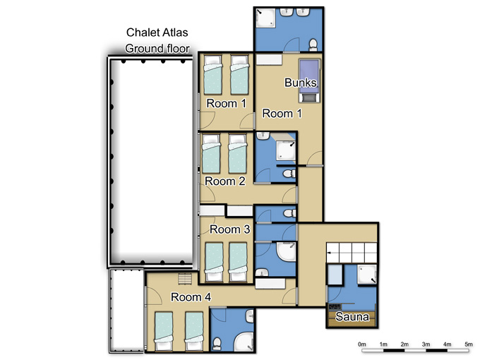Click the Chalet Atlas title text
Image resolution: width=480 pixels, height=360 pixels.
[157, 32]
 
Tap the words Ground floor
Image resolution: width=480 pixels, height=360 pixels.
[157, 49]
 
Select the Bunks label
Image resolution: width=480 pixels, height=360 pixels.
[300, 83]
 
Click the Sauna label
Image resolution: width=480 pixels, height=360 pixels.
[352, 316]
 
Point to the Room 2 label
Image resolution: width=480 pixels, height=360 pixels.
[225, 181]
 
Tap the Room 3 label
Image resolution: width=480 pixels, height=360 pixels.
[230, 229]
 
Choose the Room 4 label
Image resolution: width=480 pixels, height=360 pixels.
[191, 297]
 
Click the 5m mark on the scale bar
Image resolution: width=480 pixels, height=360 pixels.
[469, 344]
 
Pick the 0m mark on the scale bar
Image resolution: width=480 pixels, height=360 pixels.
[362, 344]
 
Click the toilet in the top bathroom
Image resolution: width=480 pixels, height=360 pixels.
[313, 44]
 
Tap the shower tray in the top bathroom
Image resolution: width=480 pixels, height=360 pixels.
[265, 18]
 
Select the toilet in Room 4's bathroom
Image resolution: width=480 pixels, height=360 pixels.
[217, 344]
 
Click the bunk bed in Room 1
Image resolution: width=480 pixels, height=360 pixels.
[309, 80]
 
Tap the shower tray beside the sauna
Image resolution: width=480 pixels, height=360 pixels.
[367, 275]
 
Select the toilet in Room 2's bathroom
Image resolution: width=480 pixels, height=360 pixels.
[289, 174]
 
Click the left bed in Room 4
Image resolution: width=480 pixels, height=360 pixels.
[164, 331]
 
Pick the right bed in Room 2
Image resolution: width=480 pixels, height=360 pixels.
[238, 154]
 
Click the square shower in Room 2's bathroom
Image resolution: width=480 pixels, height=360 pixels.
[286, 150]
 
